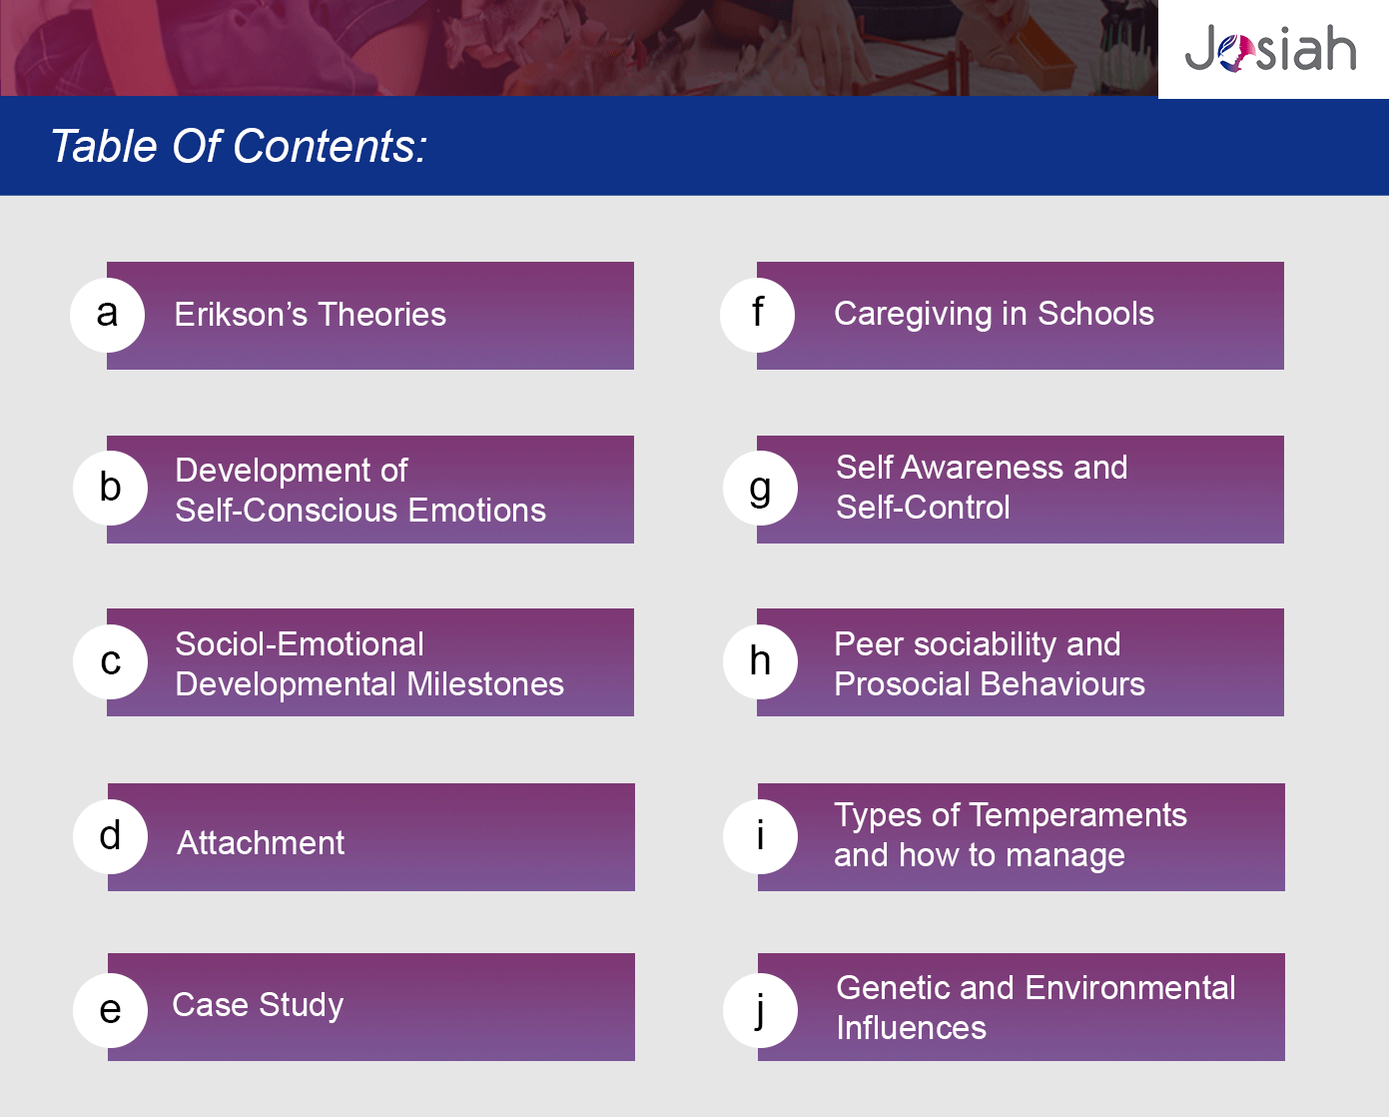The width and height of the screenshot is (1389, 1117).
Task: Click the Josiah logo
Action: pos(1270,48)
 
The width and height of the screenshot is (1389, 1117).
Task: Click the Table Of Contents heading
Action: pos(239,146)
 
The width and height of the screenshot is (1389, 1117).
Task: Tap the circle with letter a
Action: pos(107,316)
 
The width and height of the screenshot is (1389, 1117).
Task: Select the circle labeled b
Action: pos(111,489)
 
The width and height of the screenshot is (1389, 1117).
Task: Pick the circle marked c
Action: pos(111,661)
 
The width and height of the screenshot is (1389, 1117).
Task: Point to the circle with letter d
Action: pos(111,836)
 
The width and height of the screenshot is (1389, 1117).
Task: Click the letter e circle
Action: pos(111,1010)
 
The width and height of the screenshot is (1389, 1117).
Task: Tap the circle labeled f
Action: pos(758,316)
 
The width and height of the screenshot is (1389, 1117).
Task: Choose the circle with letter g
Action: pos(760,489)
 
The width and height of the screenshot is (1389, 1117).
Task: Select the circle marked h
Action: pos(760,661)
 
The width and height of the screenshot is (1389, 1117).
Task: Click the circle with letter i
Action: pos(760,836)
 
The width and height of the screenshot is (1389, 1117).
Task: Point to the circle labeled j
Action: pos(760,1010)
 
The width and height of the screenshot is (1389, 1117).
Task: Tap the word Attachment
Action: pos(261,842)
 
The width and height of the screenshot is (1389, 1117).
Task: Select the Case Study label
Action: pos(258,1006)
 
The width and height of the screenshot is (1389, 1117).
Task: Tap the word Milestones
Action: pos(485,684)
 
